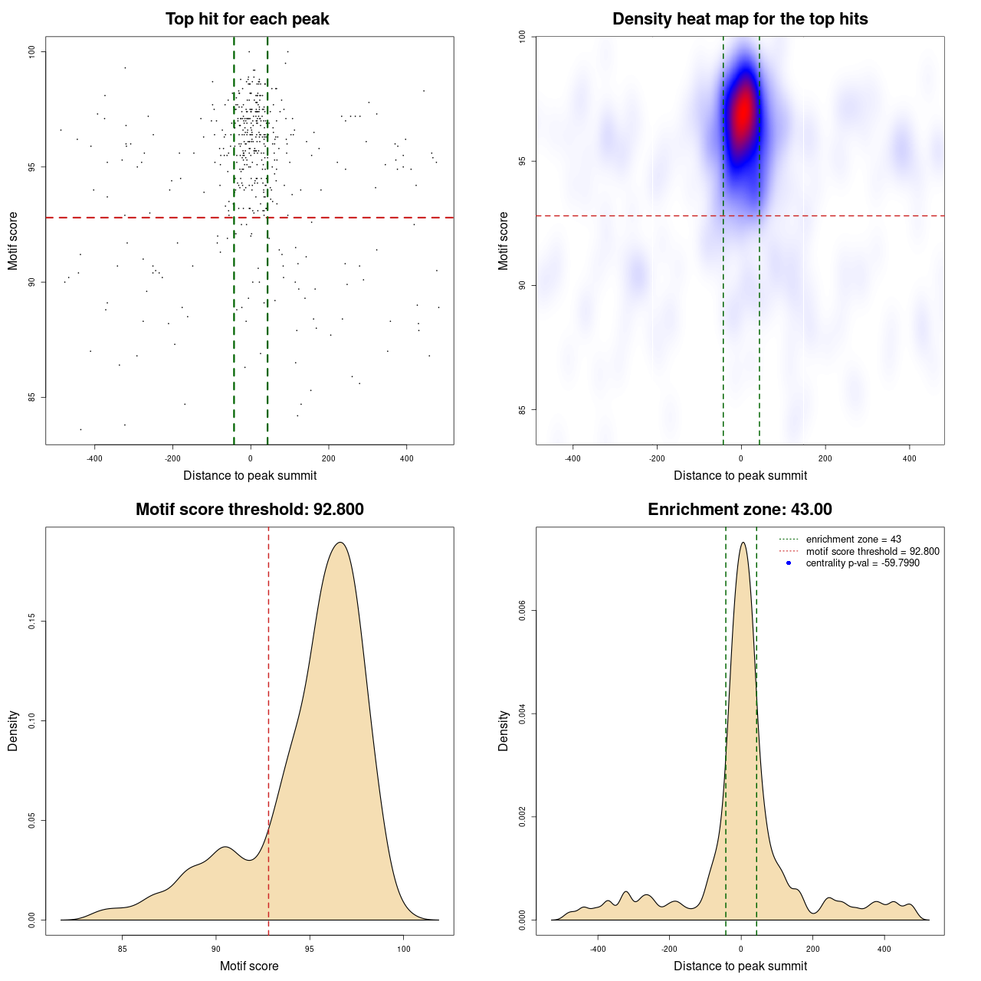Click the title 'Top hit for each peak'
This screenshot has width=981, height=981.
[247, 19]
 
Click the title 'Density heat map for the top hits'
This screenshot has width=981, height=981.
[740, 19]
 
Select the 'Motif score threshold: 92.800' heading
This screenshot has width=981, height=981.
[249, 510]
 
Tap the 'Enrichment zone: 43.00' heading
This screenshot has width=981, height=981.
[740, 510]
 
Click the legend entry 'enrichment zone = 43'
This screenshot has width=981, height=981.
[853, 540]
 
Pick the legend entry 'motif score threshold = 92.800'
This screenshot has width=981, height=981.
[872, 551]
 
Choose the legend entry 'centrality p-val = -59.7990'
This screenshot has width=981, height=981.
[862, 563]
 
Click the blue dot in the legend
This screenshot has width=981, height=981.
[789, 563]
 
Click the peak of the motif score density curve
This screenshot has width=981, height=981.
[340, 543]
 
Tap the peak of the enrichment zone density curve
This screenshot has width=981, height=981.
[742, 543]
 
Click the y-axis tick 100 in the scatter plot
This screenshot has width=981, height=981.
[31, 51]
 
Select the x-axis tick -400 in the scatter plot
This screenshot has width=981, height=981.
[94, 458]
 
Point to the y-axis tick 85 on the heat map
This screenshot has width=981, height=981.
[522, 409]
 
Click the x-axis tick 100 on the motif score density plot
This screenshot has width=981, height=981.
[404, 949]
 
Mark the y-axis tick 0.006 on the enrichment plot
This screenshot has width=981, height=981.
[522, 611]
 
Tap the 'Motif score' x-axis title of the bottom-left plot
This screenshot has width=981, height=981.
[249, 966]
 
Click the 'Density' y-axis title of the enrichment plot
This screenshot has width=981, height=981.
[504, 730]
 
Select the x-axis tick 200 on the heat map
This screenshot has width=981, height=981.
[825, 458]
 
